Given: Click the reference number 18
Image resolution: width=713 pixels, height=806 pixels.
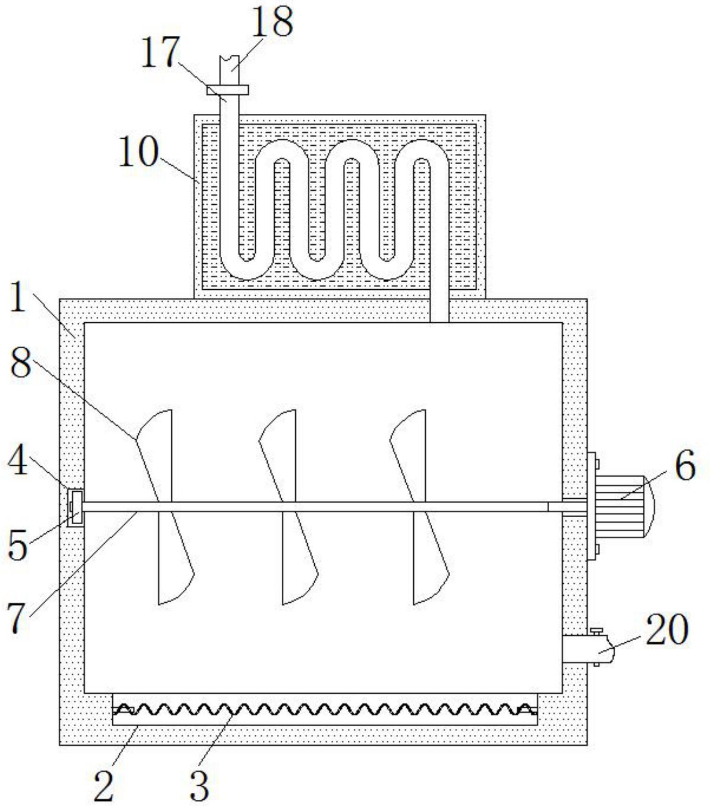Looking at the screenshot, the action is tap(272, 22).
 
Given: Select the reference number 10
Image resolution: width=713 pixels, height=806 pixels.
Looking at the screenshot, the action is tap(138, 152).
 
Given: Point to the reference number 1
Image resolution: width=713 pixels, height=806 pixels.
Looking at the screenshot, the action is tap(18, 299).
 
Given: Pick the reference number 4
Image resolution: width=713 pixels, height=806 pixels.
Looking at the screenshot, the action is tap(18, 462).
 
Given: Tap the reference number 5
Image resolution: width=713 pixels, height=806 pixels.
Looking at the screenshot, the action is tap(18, 546).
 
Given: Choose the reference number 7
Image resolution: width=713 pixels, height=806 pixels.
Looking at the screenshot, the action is tap(17, 619).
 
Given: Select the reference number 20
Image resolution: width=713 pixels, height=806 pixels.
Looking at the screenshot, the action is tap(667, 630).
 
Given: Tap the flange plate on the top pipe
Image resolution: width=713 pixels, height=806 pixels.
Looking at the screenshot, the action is tap(227, 90).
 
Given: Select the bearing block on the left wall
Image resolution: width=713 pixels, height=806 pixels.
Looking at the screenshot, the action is tap(75, 508).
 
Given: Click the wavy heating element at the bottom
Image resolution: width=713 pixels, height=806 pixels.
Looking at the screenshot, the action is tap(325, 709).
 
